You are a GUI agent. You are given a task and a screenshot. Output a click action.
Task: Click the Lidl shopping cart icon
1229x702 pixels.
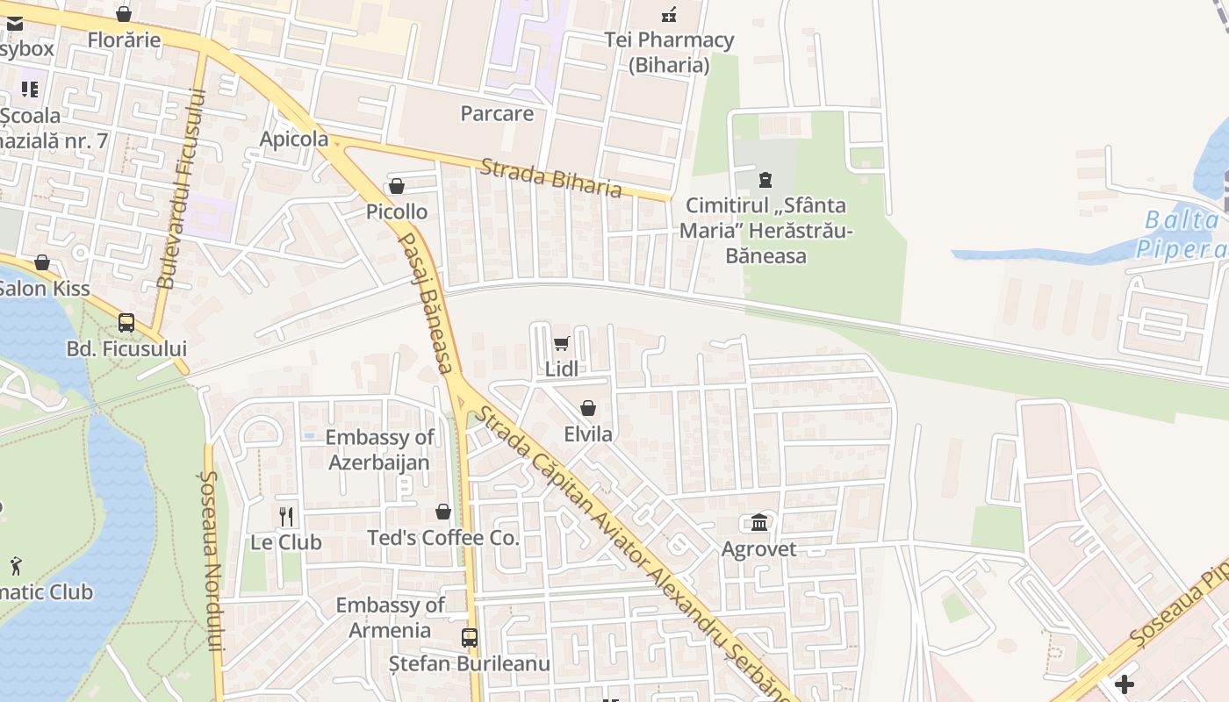pyautogui.click(x=562, y=343)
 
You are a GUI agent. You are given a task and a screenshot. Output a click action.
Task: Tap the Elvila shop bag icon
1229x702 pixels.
pyautogui.click(x=588, y=408)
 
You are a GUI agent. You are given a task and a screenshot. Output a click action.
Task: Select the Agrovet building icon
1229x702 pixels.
pyautogui.click(x=759, y=523)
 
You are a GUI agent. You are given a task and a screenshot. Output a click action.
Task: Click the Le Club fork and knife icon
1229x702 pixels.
pyautogui.click(x=286, y=516)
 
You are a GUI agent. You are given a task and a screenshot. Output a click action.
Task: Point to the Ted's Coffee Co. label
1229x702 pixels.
pyautogui.click(x=443, y=538)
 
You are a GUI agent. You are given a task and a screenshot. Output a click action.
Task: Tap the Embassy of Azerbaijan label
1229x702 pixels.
pyautogui.click(x=379, y=449)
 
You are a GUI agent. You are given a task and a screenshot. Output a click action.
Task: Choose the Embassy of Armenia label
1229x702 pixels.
pyautogui.click(x=390, y=617)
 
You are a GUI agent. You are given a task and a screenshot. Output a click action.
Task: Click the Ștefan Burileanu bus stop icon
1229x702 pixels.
pyautogui.click(x=470, y=638)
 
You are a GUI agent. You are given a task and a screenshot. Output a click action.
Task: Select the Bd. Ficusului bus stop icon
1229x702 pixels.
pyautogui.click(x=126, y=323)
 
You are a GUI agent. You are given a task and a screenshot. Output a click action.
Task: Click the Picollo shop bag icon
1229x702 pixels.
pyautogui.click(x=397, y=186)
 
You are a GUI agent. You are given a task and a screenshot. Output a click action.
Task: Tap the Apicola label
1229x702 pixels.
pyautogui.click(x=294, y=139)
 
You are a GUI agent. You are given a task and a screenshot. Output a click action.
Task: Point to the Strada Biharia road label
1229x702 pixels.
pyautogui.click(x=551, y=177)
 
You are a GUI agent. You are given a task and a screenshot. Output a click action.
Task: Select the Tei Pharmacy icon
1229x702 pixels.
pyautogui.click(x=669, y=14)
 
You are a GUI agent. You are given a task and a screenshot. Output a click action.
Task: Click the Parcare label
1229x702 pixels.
pyautogui.click(x=497, y=113)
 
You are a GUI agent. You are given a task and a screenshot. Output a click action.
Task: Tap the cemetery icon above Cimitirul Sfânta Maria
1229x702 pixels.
pyautogui.click(x=765, y=180)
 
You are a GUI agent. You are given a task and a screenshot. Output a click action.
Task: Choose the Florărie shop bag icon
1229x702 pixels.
pyautogui.click(x=124, y=14)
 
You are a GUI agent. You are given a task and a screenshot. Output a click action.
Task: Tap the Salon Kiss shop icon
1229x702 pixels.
pyautogui.click(x=42, y=262)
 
